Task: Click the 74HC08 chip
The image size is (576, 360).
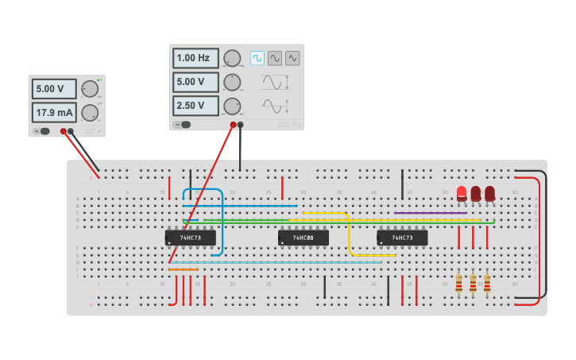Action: coord(303,238)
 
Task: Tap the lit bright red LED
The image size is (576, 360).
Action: coord(462,192)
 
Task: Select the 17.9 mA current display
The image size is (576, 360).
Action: coord(54,112)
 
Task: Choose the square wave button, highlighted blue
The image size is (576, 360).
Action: coord(257,58)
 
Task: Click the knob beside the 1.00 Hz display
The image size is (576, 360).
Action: coord(232,58)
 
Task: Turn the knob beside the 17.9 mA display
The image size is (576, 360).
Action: coord(89,112)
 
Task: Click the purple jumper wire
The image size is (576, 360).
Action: coord(430,212)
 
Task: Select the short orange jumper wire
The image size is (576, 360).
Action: coord(184,269)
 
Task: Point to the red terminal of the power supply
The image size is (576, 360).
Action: coord(63,131)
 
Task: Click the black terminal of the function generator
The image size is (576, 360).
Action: coord(241,124)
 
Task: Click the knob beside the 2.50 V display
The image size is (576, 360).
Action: coord(232,106)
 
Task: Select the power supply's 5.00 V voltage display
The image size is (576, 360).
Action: coord(54,88)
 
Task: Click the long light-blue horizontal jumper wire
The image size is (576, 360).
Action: coord(270,262)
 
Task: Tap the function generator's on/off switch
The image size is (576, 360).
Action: coord(184,124)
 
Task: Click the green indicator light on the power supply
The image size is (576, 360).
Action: coord(99,80)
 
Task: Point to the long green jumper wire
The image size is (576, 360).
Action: coord(350,220)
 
